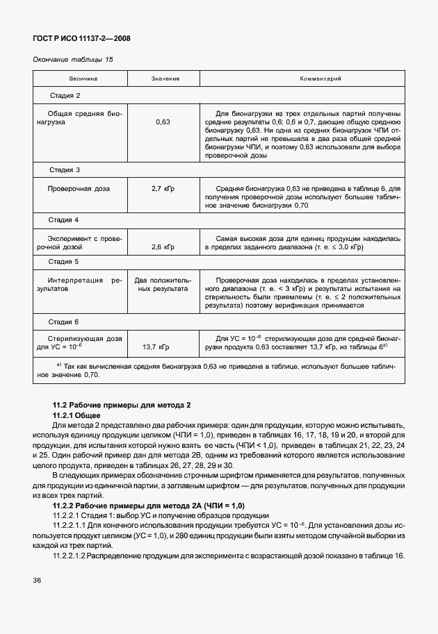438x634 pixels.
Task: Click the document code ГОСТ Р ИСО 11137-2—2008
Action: pos(82,38)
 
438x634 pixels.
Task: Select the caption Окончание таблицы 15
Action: pos(73,60)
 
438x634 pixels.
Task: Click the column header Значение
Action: pos(165,78)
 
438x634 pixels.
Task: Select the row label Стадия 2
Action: pos(65,95)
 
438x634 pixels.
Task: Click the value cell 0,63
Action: pos(163,122)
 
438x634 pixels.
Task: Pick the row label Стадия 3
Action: pos(65,170)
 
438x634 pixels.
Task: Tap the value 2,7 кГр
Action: pos(163,188)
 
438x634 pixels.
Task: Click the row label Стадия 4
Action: pos(65,220)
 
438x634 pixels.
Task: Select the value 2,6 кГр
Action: pos(163,247)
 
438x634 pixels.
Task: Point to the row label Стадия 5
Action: pos(65,262)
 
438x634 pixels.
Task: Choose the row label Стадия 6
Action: pos(65,322)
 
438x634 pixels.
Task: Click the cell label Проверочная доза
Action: pos(78,188)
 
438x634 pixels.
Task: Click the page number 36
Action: pos(38,580)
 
